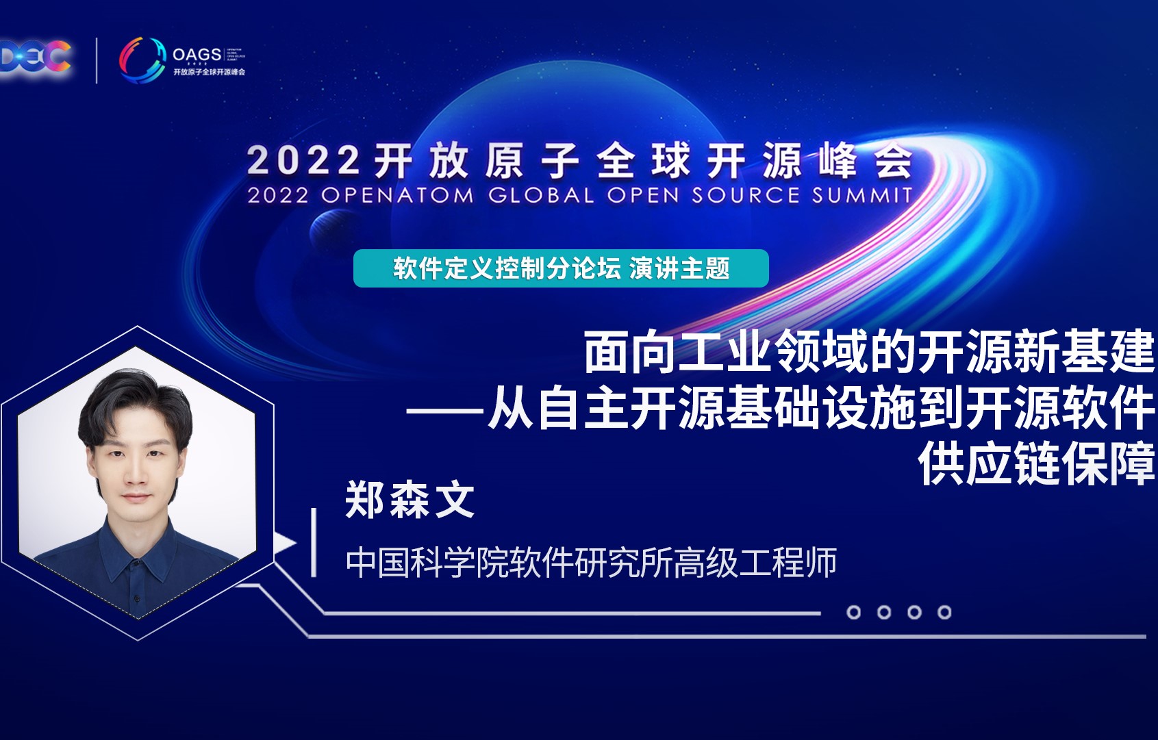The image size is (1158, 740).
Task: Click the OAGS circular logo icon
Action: coord(142,59)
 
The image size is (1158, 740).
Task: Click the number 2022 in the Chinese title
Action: coord(303,162)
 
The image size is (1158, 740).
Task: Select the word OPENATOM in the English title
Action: coord(397,196)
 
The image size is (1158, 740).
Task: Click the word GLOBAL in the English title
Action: coord(541,196)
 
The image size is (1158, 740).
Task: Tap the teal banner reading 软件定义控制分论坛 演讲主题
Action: coord(561,268)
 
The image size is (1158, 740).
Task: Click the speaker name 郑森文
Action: coord(410,500)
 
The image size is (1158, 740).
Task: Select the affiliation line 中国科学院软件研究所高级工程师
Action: coord(591,563)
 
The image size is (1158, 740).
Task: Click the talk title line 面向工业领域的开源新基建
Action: coord(869,353)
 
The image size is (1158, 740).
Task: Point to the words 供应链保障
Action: coord(1037,465)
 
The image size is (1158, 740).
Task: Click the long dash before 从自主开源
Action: coord(445,411)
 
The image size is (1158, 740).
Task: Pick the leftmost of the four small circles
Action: coord(853,612)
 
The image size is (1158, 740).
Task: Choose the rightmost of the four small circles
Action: coord(944,612)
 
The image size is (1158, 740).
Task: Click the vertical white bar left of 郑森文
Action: coord(314,541)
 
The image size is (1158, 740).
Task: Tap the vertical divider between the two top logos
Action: coord(97,60)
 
